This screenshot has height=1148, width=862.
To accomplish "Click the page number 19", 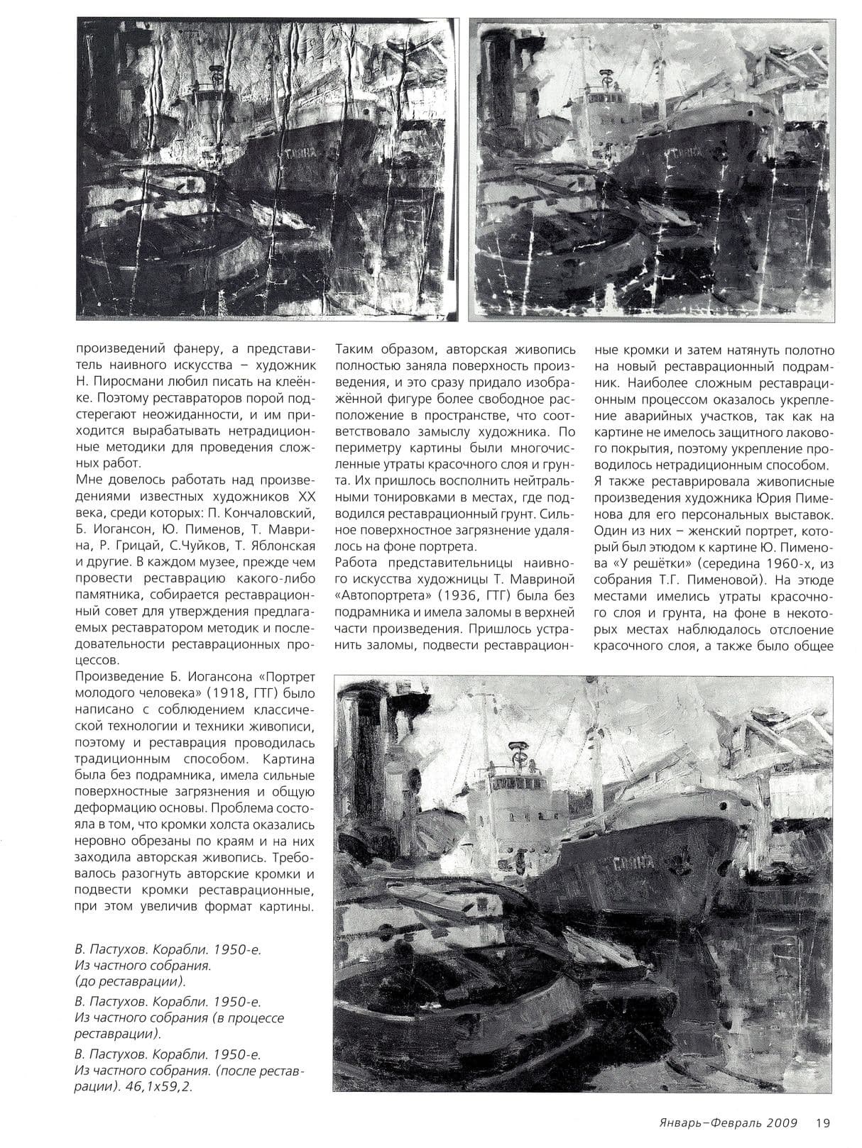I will tap(822, 1122).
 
